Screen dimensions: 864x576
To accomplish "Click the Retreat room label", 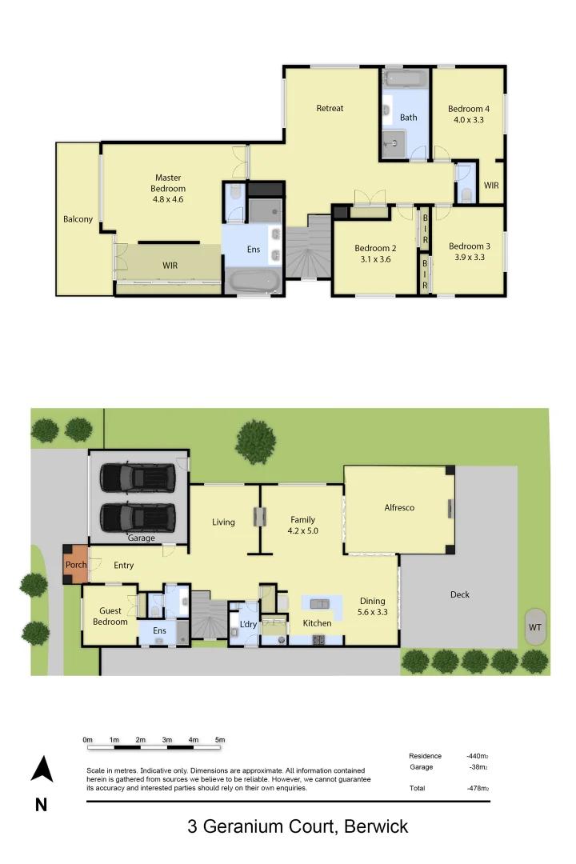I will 330,108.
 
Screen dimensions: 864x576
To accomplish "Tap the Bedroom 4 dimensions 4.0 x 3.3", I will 468,120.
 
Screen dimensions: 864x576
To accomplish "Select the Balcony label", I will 78,219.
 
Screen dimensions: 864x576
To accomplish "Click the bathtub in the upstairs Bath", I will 406,78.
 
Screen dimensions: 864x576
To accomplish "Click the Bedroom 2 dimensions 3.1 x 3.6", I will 375,259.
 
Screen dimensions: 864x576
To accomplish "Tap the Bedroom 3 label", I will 469,246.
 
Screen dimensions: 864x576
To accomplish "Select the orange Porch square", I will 76,564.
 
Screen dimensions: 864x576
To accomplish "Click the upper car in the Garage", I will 138,478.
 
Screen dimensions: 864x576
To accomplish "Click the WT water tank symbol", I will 534,627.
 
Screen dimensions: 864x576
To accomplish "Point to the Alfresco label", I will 399,507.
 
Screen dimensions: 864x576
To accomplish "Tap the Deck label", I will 459,594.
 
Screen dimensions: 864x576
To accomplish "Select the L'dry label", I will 248,624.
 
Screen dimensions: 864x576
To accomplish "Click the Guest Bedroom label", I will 110,616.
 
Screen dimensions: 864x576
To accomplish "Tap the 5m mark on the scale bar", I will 220,740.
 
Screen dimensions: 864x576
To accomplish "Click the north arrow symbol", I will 42,770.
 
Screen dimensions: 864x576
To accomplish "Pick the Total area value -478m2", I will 478,788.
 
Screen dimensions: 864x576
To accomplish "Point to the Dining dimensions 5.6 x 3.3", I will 372,613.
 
